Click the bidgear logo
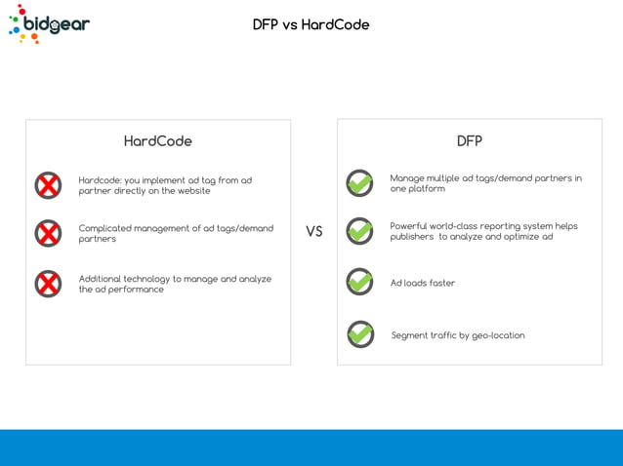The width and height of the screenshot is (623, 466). pos(49,24)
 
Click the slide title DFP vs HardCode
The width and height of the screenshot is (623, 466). pos(311,24)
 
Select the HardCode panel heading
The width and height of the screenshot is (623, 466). pos(157,141)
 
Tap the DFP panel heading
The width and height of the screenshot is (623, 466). pos(469,141)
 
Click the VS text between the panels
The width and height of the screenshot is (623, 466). pos(313,232)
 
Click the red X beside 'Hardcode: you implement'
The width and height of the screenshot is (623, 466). pos(48,185)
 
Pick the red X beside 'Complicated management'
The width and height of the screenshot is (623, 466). pos(48,233)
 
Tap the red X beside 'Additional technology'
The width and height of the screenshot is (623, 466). pos(48,284)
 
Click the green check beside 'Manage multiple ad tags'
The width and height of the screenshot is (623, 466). pos(359,183)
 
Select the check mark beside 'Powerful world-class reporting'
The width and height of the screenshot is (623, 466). pos(359,231)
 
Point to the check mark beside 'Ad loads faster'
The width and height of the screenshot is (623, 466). pos(359,282)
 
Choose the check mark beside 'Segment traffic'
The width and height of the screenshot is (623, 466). pos(359,334)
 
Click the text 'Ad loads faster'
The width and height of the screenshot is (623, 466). pos(423,284)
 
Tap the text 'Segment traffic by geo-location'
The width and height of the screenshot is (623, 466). pos(458,335)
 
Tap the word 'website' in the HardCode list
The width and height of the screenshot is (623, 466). pos(193,191)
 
